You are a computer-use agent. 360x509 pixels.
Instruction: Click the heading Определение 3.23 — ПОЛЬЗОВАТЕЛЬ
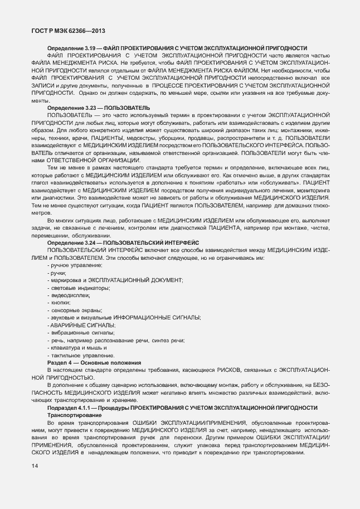pyautogui.click(x=99, y=108)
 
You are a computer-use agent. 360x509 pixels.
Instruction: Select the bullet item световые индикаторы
pyautogui.click(x=79, y=287)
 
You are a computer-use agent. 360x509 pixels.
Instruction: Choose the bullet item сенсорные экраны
pyautogui.click(x=75, y=310)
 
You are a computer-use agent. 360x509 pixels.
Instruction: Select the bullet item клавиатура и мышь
pyautogui.click(x=75, y=348)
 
